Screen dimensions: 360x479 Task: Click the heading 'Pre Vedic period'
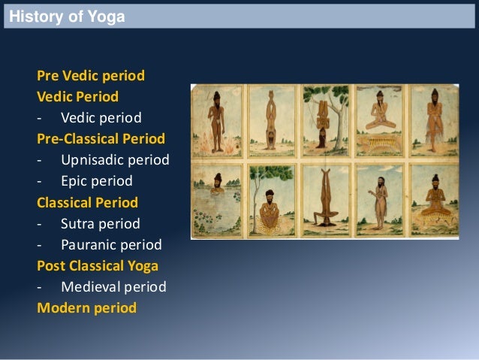tap(90, 76)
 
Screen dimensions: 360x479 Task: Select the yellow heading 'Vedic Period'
tap(77, 97)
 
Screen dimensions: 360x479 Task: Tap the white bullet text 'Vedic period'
tap(101, 118)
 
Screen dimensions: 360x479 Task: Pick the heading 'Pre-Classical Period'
tap(101, 139)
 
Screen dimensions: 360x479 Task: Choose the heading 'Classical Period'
tap(87, 202)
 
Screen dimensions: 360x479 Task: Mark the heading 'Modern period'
tap(86, 307)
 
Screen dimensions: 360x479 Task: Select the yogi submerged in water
tap(215, 188)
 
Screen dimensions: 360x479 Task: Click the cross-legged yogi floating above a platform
tap(378, 116)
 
